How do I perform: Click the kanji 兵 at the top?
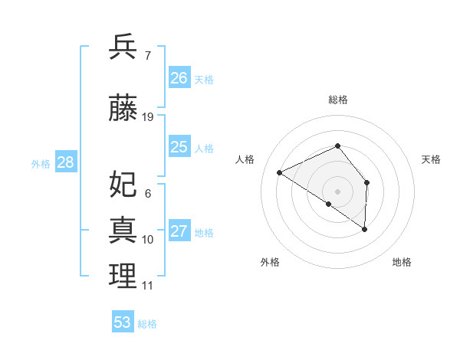click(x=123, y=47)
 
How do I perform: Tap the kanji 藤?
click(x=123, y=109)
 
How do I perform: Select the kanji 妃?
click(x=123, y=185)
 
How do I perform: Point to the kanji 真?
click(x=123, y=230)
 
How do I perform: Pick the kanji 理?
click(x=123, y=277)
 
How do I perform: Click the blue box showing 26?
click(x=179, y=78)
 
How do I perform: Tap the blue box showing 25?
click(x=179, y=147)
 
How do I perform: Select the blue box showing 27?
click(x=179, y=231)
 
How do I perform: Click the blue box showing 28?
click(x=65, y=162)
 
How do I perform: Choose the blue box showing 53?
click(x=123, y=322)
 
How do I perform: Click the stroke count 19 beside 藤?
click(x=148, y=117)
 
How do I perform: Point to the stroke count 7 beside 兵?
click(x=147, y=55)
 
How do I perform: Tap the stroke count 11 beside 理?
click(x=147, y=286)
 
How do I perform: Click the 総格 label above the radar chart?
click(x=337, y=100)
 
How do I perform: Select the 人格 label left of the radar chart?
click(x=245, y=159)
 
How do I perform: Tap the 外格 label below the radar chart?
click(x=270, y=262)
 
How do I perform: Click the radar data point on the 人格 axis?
click(x=280, y=172)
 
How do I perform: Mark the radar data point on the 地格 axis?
click(x=365, y=229)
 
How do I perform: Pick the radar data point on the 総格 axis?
click(x=337, y=146)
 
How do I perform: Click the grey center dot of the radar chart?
click(x=337, y=191)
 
